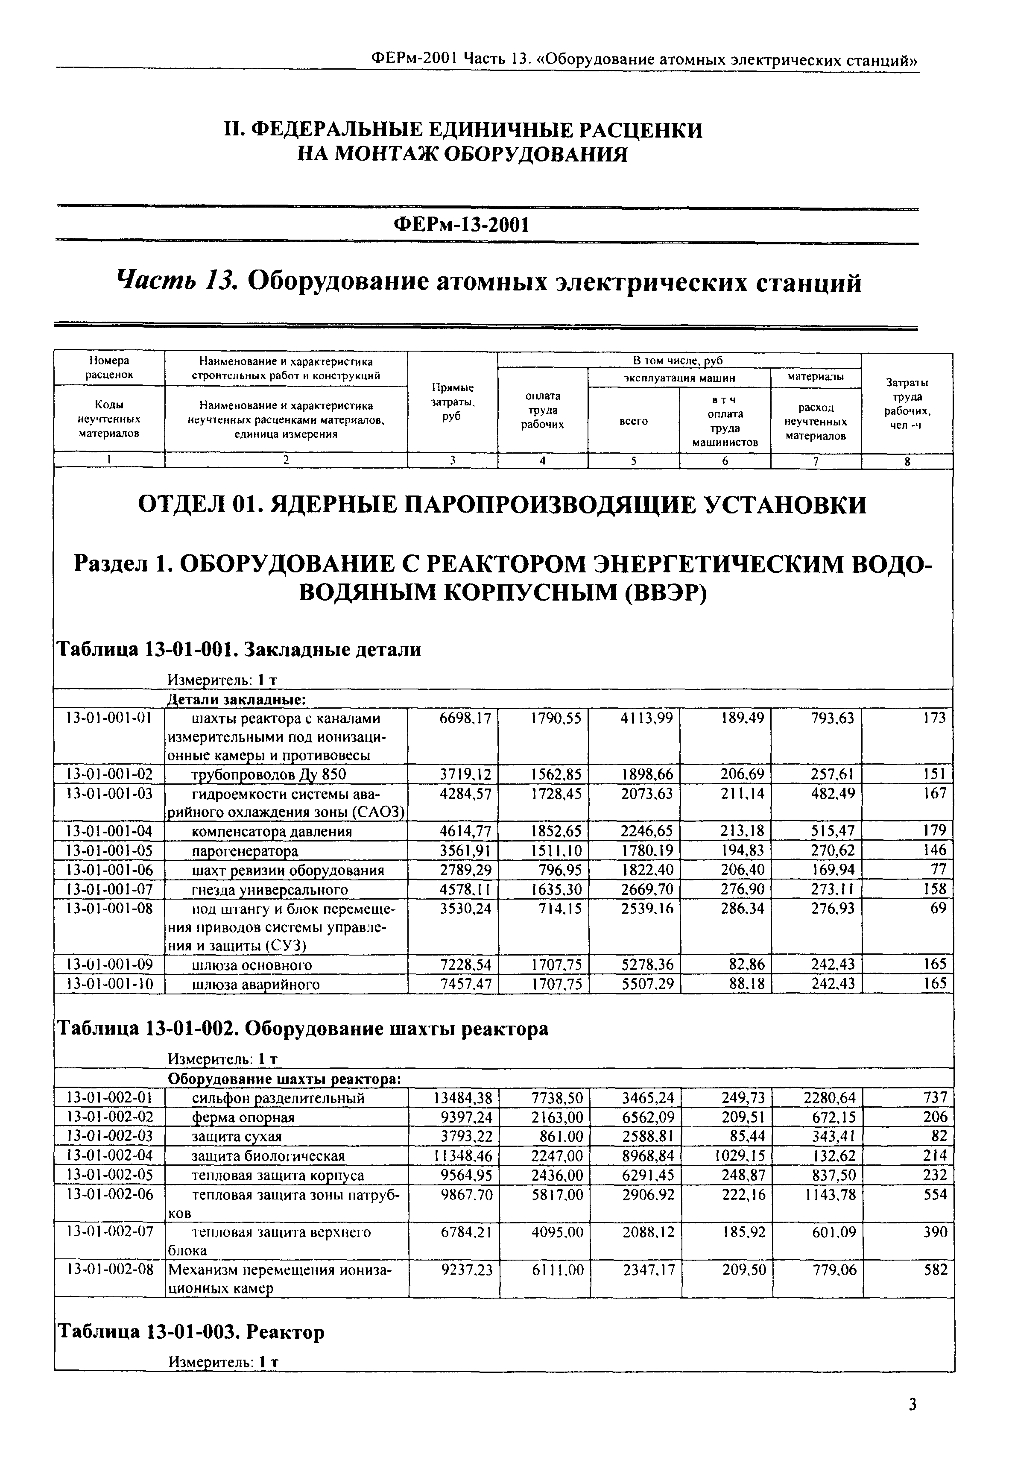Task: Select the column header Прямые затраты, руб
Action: pos(452,402)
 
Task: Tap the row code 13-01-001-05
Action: pos(109,850)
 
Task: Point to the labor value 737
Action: pos(935,1097)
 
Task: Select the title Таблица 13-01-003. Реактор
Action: pos(191,1332)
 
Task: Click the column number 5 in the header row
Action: pos(634,461)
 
